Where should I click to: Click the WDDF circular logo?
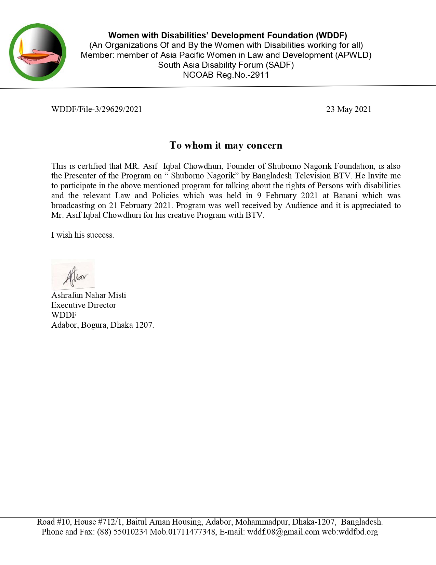point(38,52)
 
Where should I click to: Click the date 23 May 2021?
point(348,109)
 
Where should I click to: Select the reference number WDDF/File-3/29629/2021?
point(96,109)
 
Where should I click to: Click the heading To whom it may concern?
point(226,146)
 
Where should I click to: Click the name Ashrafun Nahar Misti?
point(89,295)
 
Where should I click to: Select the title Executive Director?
point(83,305)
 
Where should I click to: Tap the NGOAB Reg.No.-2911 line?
point(226,75)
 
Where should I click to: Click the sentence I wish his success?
point(82,235)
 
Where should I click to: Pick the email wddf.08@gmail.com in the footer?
point(283,532)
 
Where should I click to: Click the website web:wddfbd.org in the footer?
point(349,532)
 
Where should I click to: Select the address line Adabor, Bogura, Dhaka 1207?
point(103,325)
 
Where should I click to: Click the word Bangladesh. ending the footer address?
point(361,522)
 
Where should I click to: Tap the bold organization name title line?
point(227,36)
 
